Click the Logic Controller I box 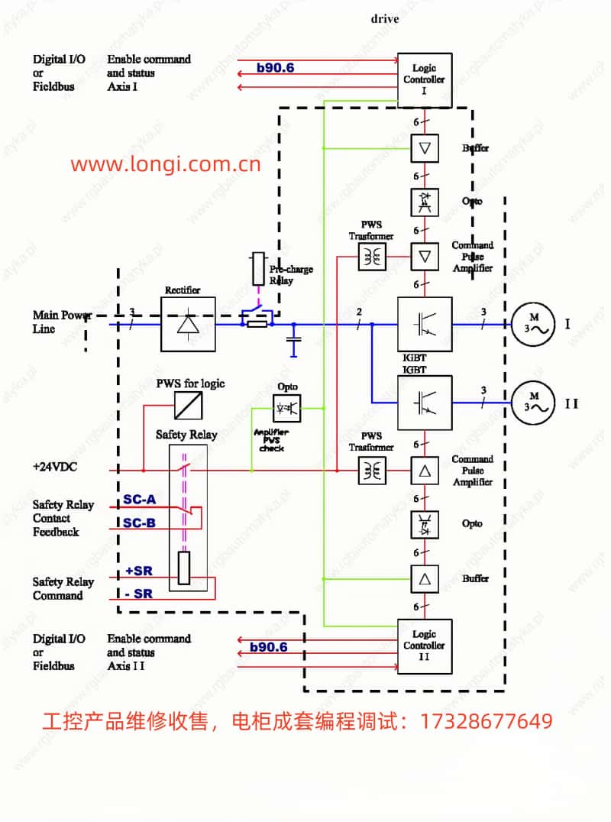pos(425,79)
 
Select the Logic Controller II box pos(425,646)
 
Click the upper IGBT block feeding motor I pos(425,324)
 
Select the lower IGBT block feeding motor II pos(425,402)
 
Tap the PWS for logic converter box pos(188,405)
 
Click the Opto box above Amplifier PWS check pos(287,408)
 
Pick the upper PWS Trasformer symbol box pos(373,257)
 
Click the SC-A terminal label pos(140,500)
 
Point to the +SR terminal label pos(140,571)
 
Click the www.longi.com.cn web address pos(166,163)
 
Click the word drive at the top pos(385,18)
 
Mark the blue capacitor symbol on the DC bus pos(293,341)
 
